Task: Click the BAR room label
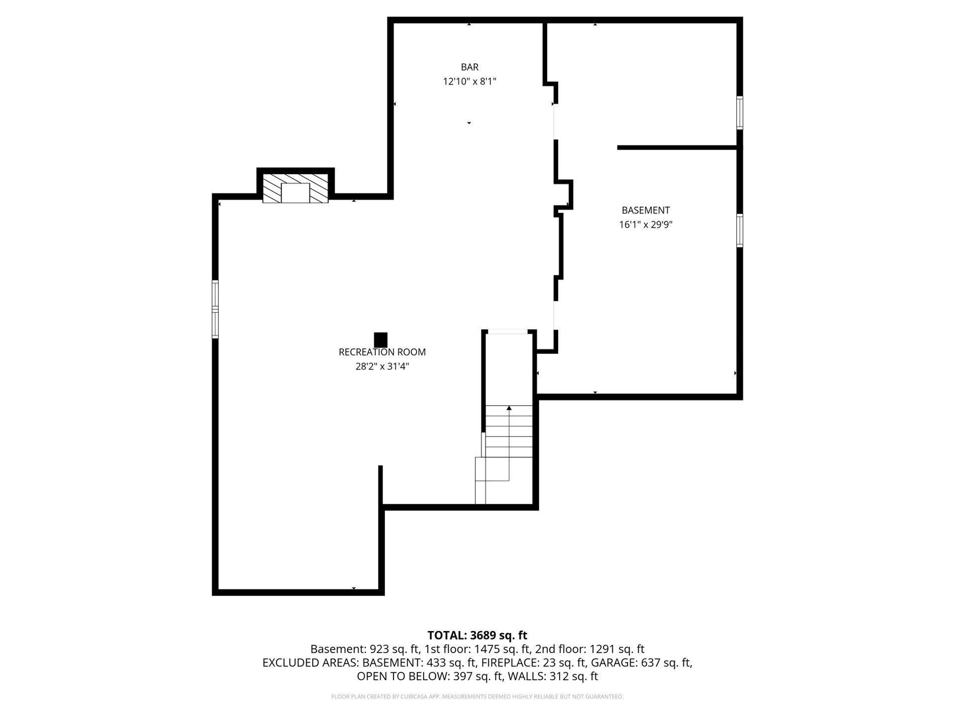pyautogui.click(x=470, y=67)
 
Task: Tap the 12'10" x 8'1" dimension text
pyautogui.click(x=470, y=82)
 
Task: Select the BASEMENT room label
pyautogui.click(x=646, y=210)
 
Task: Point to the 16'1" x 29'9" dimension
pyautogui.click(x=646, y=225)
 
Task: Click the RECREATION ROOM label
pyautogui.click(x=382, y=352)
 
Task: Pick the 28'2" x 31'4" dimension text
pyautogui.click(x=382, y=366)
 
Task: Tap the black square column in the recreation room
pyautogui.click(x=381, y=340)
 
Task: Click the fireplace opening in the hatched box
pyautogui.click(x=295, y=193)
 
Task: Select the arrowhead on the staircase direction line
pyautogui.click(x=509, y=408)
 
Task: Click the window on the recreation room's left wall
pyautogui.click(x=215, y=309)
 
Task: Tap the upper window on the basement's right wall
pyautogui.click(x=740, y=113)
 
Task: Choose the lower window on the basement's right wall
pyautogui.click(x=740, y=230)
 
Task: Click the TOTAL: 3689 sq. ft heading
pyautogui.click(x=477, y=635)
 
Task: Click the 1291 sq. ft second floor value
pyautogui.click(x=617, y=649)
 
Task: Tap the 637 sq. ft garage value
pyautogui.click(x=666, y=663)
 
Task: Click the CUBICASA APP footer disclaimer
pyautogui.click(x=477, y=697)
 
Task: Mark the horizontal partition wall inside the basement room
pyautogui.click(x=677, y=148)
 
